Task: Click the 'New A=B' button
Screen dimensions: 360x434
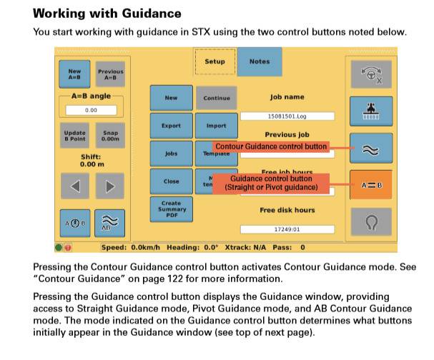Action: pos(74,74)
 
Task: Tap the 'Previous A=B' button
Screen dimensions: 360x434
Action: pos(110,74)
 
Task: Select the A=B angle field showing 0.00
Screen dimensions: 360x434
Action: pos(92,111)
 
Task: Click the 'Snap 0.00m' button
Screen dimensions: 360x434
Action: pos(110,135)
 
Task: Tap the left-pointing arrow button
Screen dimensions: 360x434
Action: pos(74,186)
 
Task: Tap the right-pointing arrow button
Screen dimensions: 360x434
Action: pos(110,186)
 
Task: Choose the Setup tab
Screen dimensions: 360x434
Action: pos(214,62)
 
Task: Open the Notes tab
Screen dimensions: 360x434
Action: pos(259,62)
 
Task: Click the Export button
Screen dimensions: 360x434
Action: pos(171,126)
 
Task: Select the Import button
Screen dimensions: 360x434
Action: pos(216,126)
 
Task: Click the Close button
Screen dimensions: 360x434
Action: pos(171,181)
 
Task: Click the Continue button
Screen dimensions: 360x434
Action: pos(216,98)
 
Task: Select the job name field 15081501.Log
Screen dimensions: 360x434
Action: pos(287,115)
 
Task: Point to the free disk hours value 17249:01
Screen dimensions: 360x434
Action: pos(287,229)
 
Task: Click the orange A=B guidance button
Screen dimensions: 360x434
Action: pos(371,185)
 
